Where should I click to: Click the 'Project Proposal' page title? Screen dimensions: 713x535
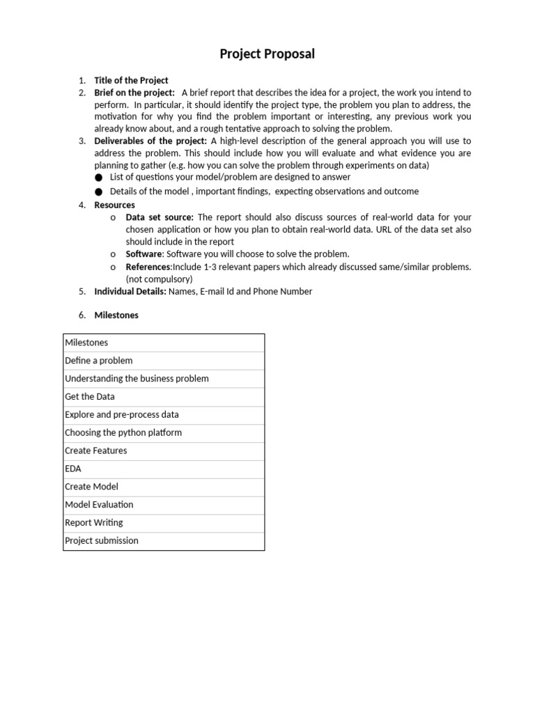tap(267, 54)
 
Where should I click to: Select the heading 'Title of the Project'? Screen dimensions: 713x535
tap(131, 81)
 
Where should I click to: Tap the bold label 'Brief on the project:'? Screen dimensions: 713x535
tap(134, 93)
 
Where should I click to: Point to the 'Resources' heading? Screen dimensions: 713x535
tap(115, 205)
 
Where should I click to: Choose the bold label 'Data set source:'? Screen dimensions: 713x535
tap(160, 217)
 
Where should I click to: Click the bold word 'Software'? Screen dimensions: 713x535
tap(144, 254)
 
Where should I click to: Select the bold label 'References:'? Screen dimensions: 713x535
tap(149, 267)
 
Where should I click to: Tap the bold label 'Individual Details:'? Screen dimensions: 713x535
tap(130, 292)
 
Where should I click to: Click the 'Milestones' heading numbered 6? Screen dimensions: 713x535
tap(116, 315)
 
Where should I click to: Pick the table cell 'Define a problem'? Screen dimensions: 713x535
tap(98, 361)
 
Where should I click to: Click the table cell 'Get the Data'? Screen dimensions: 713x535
tap(90, 397)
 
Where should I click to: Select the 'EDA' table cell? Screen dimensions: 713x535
tap(73, 469)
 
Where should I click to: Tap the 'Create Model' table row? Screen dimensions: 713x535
tap(91, 487)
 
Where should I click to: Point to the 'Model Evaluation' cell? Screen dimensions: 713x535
tap(99, 505)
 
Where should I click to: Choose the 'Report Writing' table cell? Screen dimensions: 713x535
tap(93, 523)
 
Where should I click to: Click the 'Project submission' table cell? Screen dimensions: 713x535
tap(102, 541)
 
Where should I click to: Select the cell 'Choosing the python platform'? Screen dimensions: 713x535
tap(123, 432)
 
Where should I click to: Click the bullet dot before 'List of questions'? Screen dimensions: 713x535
tap(99, 178)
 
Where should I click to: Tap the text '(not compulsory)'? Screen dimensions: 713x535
tap(159, 279)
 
